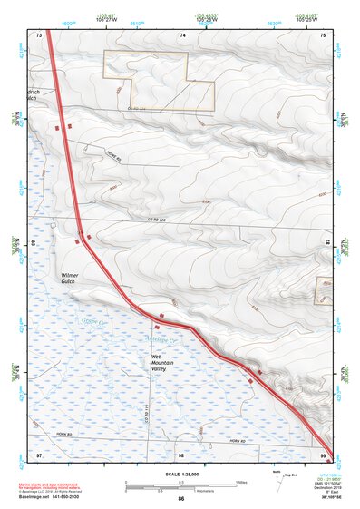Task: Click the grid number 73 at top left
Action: click(x=39, y=34)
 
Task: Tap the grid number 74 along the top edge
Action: click(x=182, y=34)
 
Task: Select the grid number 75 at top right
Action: click(x=324, y=34)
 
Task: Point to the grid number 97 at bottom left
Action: click(x=39, y=453)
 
